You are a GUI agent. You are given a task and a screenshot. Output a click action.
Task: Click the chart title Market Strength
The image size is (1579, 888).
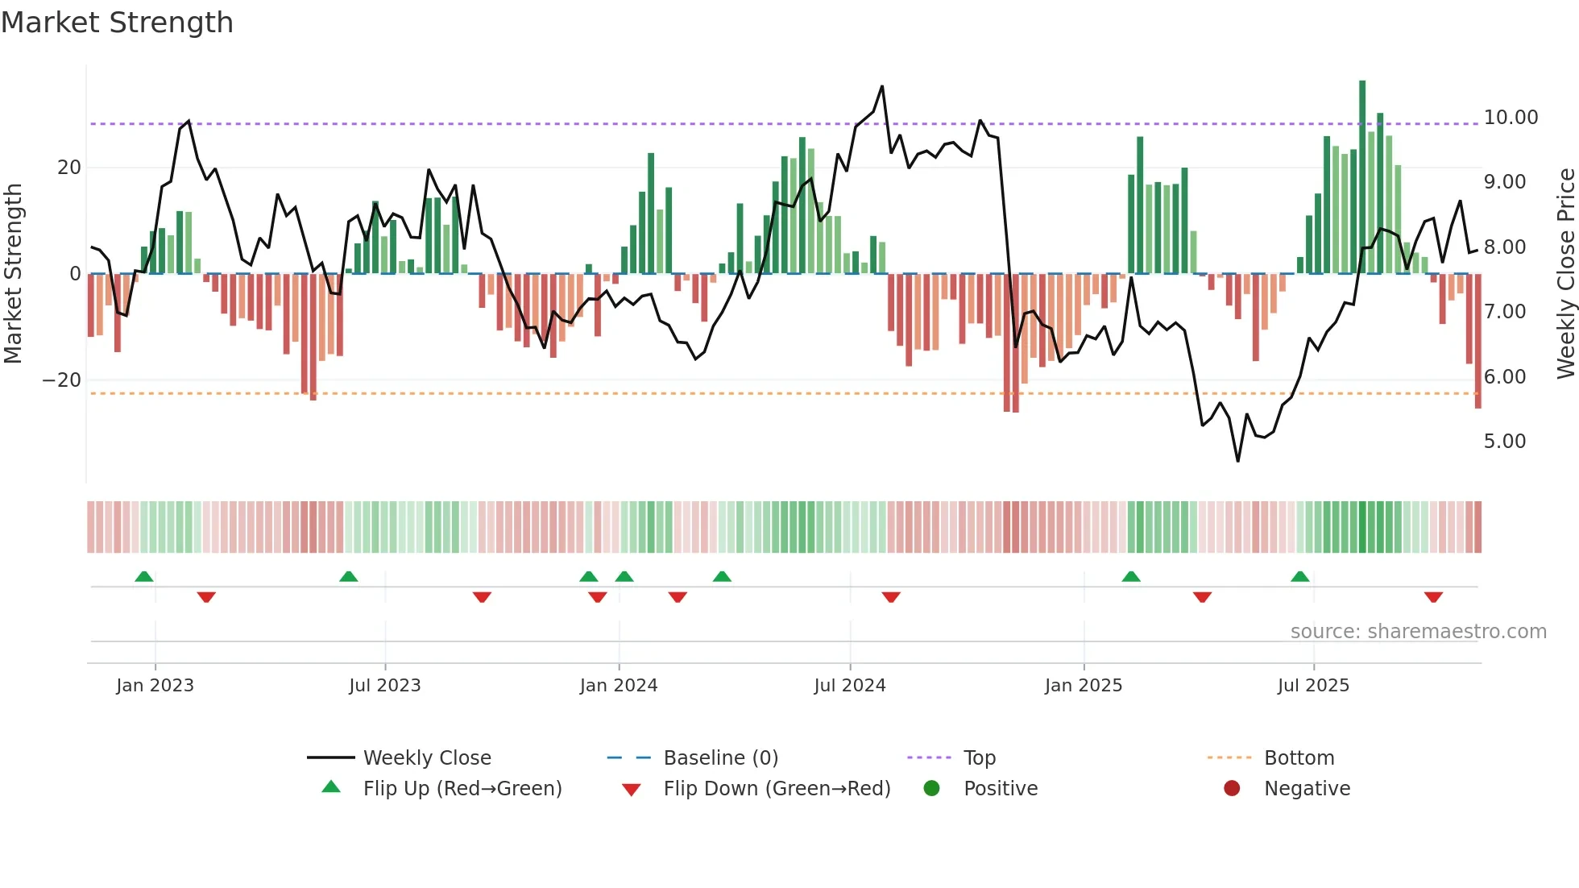(117, 23)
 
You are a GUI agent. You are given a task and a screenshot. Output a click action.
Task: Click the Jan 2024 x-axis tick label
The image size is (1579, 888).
(618, 686)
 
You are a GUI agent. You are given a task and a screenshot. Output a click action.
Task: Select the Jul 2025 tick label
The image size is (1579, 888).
(1312, 686)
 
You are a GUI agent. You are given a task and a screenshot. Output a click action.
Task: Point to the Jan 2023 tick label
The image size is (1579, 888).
(155, 686)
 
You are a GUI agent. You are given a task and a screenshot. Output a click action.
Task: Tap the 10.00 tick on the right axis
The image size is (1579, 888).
(1511, 118)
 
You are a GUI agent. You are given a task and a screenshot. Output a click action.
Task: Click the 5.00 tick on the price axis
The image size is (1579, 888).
(1504, 442)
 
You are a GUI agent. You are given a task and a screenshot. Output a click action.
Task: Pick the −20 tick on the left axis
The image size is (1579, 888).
(62, 380)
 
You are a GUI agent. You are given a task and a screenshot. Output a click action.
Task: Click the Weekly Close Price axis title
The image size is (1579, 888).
(1565, 274)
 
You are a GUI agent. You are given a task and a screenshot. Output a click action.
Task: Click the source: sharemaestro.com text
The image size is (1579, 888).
(1418, 632)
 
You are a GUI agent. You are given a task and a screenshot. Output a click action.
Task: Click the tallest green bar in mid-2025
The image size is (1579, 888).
(1362, 177)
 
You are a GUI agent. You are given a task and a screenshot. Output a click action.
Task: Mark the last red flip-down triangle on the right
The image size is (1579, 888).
(1433, 597)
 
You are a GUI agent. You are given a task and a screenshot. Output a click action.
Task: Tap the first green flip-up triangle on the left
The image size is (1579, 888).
(144, 576)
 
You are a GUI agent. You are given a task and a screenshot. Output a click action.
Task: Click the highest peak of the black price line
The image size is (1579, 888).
(882, 87)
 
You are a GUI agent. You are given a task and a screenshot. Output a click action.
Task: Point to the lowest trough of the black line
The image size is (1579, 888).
(1237, 460)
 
